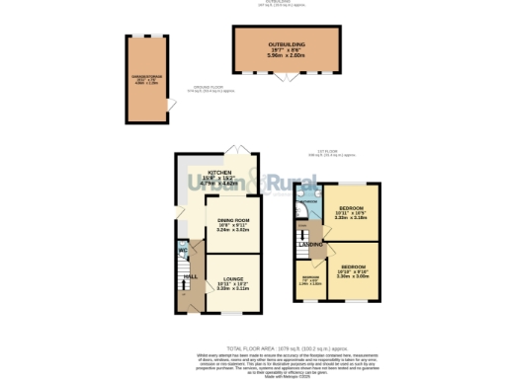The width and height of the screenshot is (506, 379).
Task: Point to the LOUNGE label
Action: point(233,278)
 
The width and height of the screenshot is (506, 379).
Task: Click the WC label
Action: point(183,250)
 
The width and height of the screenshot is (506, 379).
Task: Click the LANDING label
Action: point(311,244)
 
